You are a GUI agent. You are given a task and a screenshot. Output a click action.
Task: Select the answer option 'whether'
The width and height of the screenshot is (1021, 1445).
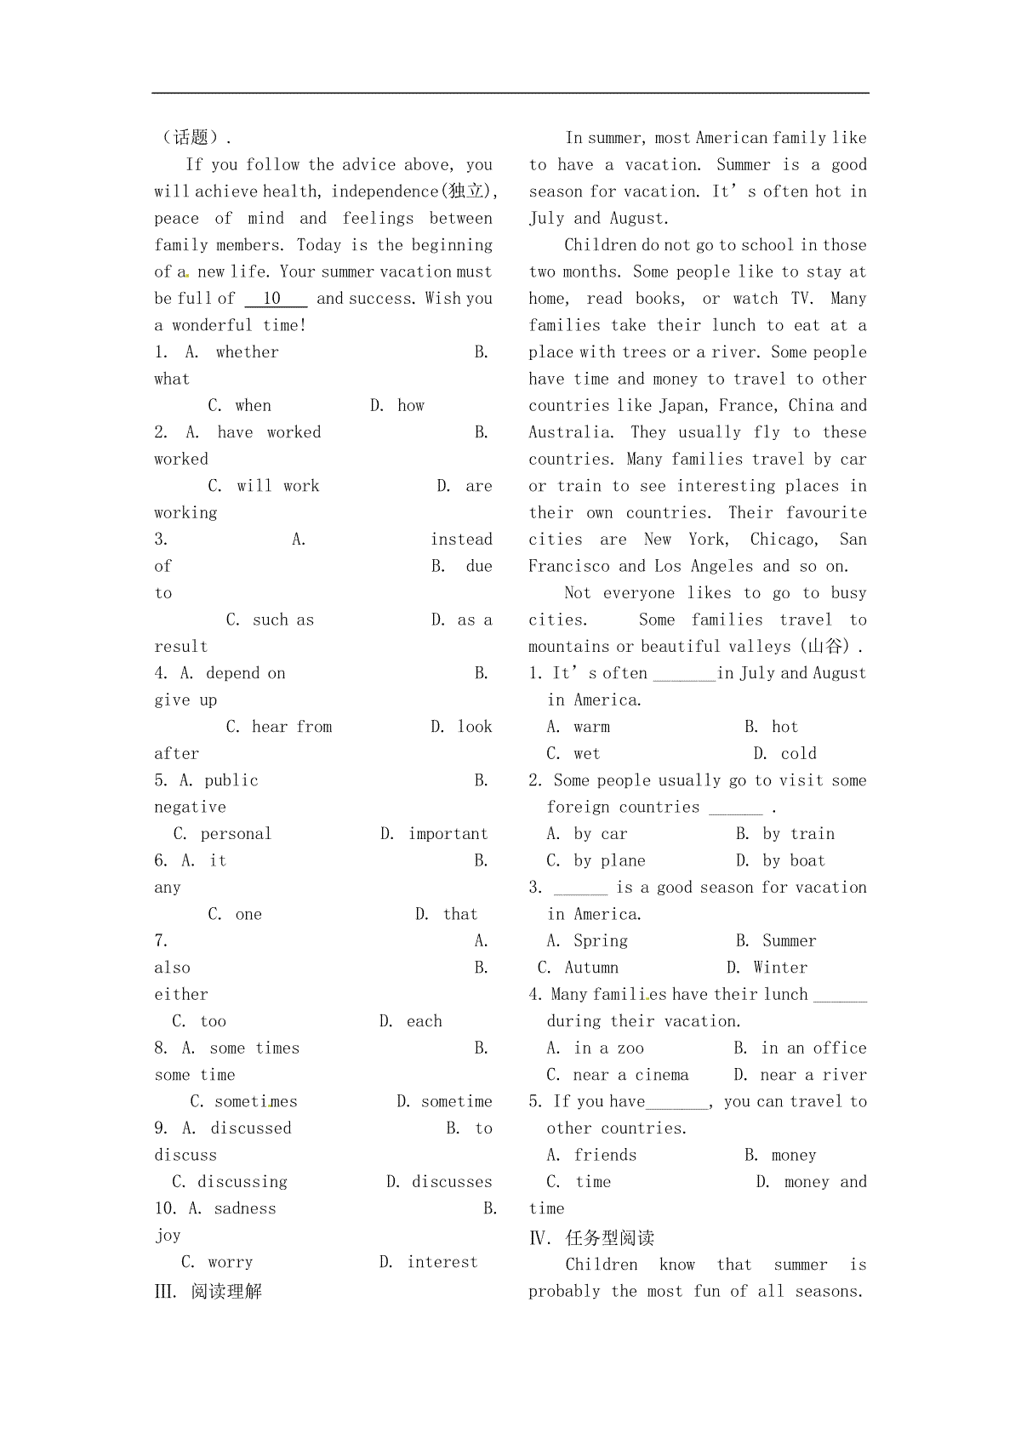coord(247,352)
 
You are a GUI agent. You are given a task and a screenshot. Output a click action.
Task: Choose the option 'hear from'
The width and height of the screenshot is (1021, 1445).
coord(292,727)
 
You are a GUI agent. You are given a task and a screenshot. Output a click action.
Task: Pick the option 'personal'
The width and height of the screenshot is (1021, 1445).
coord(236,834)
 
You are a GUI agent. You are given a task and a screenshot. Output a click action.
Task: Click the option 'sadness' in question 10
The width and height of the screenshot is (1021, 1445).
coord(245,1208)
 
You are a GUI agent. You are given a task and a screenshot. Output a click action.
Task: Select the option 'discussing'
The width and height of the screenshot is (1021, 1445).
coord(242,1182)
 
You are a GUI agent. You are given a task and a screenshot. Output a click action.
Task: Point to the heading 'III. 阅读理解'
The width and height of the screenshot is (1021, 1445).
coord(208,1292)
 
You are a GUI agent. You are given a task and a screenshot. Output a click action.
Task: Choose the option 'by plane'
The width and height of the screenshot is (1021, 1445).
coord(609,861)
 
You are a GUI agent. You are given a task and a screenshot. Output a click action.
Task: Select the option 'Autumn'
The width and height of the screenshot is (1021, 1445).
coord(591,968)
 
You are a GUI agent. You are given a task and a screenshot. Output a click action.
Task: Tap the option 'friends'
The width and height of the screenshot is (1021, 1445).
coord(605,1155)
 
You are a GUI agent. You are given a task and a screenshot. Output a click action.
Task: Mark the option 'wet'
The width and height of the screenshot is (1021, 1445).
coord(586,754)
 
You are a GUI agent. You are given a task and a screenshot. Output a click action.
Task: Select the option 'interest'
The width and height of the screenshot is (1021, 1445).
coord(442,1262)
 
